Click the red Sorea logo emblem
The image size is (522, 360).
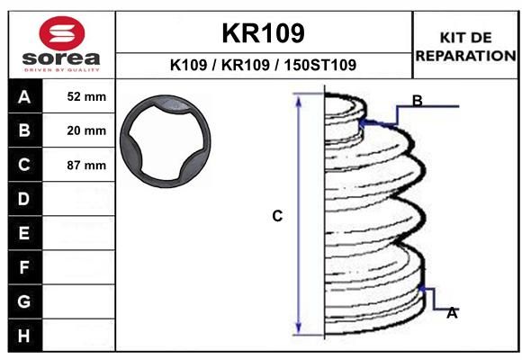tap(62, 33)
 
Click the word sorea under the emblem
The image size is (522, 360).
tap(61, 58)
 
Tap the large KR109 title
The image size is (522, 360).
tap(263, 33)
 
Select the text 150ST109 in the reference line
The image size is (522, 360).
tap(319, 65)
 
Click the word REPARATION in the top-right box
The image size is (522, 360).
tap(465, 56)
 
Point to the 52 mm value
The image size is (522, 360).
tap(86, 96)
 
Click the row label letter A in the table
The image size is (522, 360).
tap(24, 96)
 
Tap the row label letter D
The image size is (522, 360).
tap(24, 199)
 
